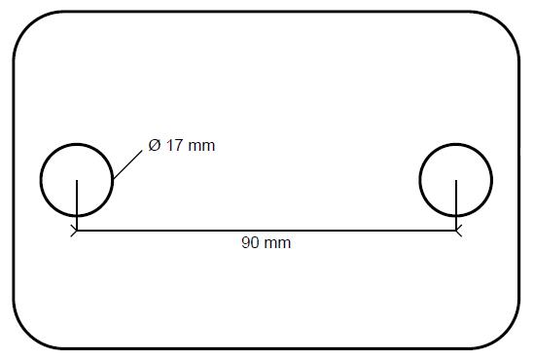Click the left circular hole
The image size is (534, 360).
coord(41,180)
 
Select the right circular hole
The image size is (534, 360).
coord(419,180)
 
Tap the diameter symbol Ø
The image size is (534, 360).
coord(155,145)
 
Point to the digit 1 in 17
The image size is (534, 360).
coord(170,145)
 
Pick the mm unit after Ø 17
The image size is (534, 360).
coord(201,147)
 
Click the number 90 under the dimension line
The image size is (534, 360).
coord(250,243)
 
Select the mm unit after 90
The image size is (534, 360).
coord(277,244)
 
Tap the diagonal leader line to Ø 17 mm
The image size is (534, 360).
coord(127,164)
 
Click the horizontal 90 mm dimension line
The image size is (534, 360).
coord(267,231)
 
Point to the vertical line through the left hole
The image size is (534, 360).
coord(77,205)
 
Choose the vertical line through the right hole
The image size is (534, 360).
coord(456,205)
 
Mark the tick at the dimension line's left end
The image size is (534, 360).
coord(74,231)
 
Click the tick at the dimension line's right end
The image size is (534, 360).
coord(459,231)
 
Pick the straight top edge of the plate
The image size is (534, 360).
coord(267,12)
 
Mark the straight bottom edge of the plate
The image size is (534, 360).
coord(267,348)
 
